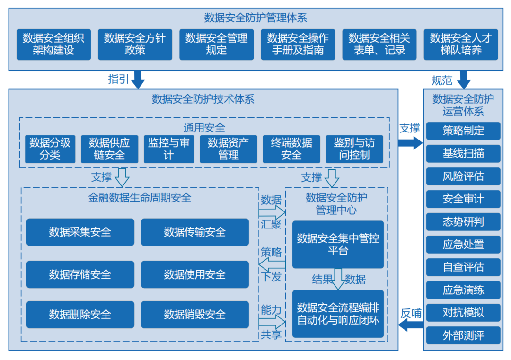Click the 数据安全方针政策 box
[x=135, y=44]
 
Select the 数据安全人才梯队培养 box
[x=460, y=44]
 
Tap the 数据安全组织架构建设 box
[x=53, y=44]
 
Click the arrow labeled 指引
[x=138, y=79]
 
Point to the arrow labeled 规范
[x=463, y=79]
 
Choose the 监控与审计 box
[x=169, y=149]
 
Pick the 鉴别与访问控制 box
[x=354, y=149]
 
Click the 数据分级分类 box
[x=50, y=149]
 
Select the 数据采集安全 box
[x=80, y=232]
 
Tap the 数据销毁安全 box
[x=194, y=315]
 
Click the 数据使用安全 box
[x=194, y=274]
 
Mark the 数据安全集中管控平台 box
[x=338, y=245]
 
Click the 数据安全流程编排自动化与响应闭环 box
[x=338, y=314]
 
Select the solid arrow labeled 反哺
[x=410, y=325]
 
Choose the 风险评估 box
[x=463, y=176]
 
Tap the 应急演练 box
[x=463, y=290]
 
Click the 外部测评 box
[x=463, y=335]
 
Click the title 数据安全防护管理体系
[x=255, y=18]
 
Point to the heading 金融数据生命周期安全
[x=140, y=198]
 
